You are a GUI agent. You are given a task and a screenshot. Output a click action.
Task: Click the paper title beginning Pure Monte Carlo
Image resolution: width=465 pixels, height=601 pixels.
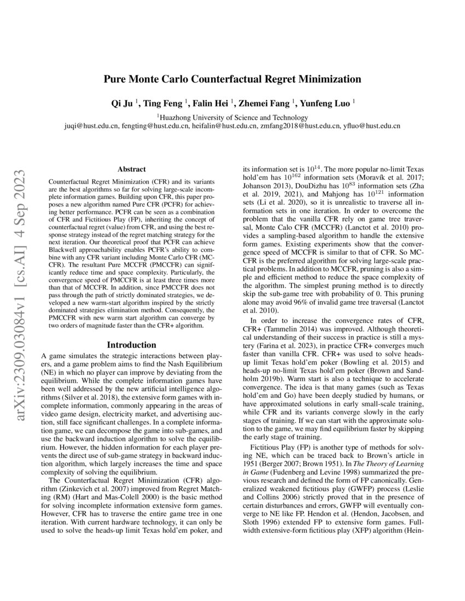233,79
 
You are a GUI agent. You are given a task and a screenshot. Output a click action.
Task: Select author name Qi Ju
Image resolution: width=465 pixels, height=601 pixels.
123,102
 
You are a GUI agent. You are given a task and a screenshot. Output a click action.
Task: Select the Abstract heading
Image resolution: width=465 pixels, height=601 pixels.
131,170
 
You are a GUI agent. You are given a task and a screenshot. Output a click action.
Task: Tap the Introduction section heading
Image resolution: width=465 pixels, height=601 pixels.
131,345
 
